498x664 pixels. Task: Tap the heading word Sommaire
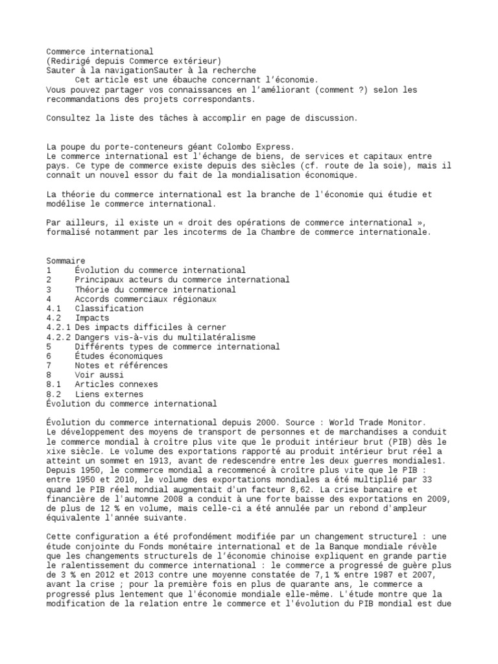[x=65, y=261]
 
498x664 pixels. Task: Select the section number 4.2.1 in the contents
[x=58, y=327]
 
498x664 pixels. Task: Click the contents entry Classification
[x=109, y=309]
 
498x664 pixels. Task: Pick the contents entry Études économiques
[x=119, y=356]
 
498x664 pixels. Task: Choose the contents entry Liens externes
[x=109, y=394]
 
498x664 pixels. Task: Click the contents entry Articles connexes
[x=116, y=385]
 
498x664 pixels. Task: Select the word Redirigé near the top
[x=71, y=61]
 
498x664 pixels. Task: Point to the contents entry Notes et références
[x=121, y=366]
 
